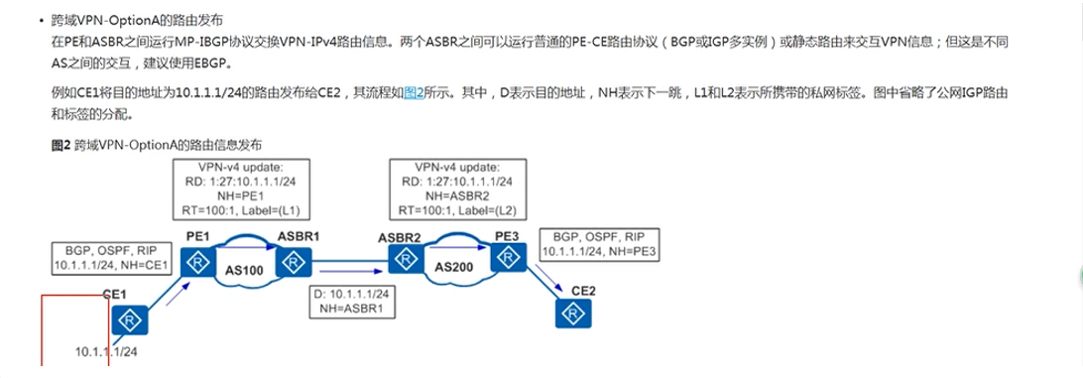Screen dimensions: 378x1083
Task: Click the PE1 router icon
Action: point(200,262)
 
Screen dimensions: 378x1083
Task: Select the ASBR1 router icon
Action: point(294,262)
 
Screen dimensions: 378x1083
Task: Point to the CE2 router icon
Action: point(570,315)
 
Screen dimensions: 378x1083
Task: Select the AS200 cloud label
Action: point(452,268)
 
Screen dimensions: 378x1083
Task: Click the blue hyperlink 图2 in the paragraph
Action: point(414,91)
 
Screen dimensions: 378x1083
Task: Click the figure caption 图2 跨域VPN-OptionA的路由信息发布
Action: point(156,145)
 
